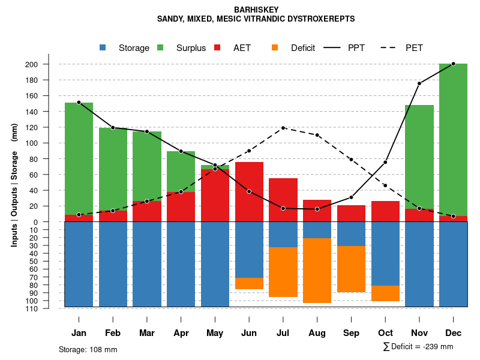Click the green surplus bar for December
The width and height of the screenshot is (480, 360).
(x=453, y=138)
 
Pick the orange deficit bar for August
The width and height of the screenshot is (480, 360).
(x=317, y=271)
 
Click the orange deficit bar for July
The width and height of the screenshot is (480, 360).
(x=283, y=272)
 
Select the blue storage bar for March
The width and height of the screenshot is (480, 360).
(x=147, y=264)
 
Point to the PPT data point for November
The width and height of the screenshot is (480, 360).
(x=419, y=83)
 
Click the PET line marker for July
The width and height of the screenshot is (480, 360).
(x=283, y=128)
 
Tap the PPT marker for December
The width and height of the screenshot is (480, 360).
(x=453, y=64)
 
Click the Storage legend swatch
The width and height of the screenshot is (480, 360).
(x=103, y=47)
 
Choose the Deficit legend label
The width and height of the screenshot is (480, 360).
(x=303, y=48)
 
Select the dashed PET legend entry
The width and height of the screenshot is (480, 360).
(x=391, y=47)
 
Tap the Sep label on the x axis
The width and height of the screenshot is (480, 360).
(x=352, y=333)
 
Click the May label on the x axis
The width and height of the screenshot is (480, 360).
(x=215, y=333)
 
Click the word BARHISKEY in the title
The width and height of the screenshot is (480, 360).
(x=256, y=10)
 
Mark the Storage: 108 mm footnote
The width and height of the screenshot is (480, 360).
(x=88, y=349)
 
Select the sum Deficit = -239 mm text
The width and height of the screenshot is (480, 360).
(x=418, y=347)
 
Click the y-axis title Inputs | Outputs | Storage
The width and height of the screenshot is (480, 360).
(x=14, y=185)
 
